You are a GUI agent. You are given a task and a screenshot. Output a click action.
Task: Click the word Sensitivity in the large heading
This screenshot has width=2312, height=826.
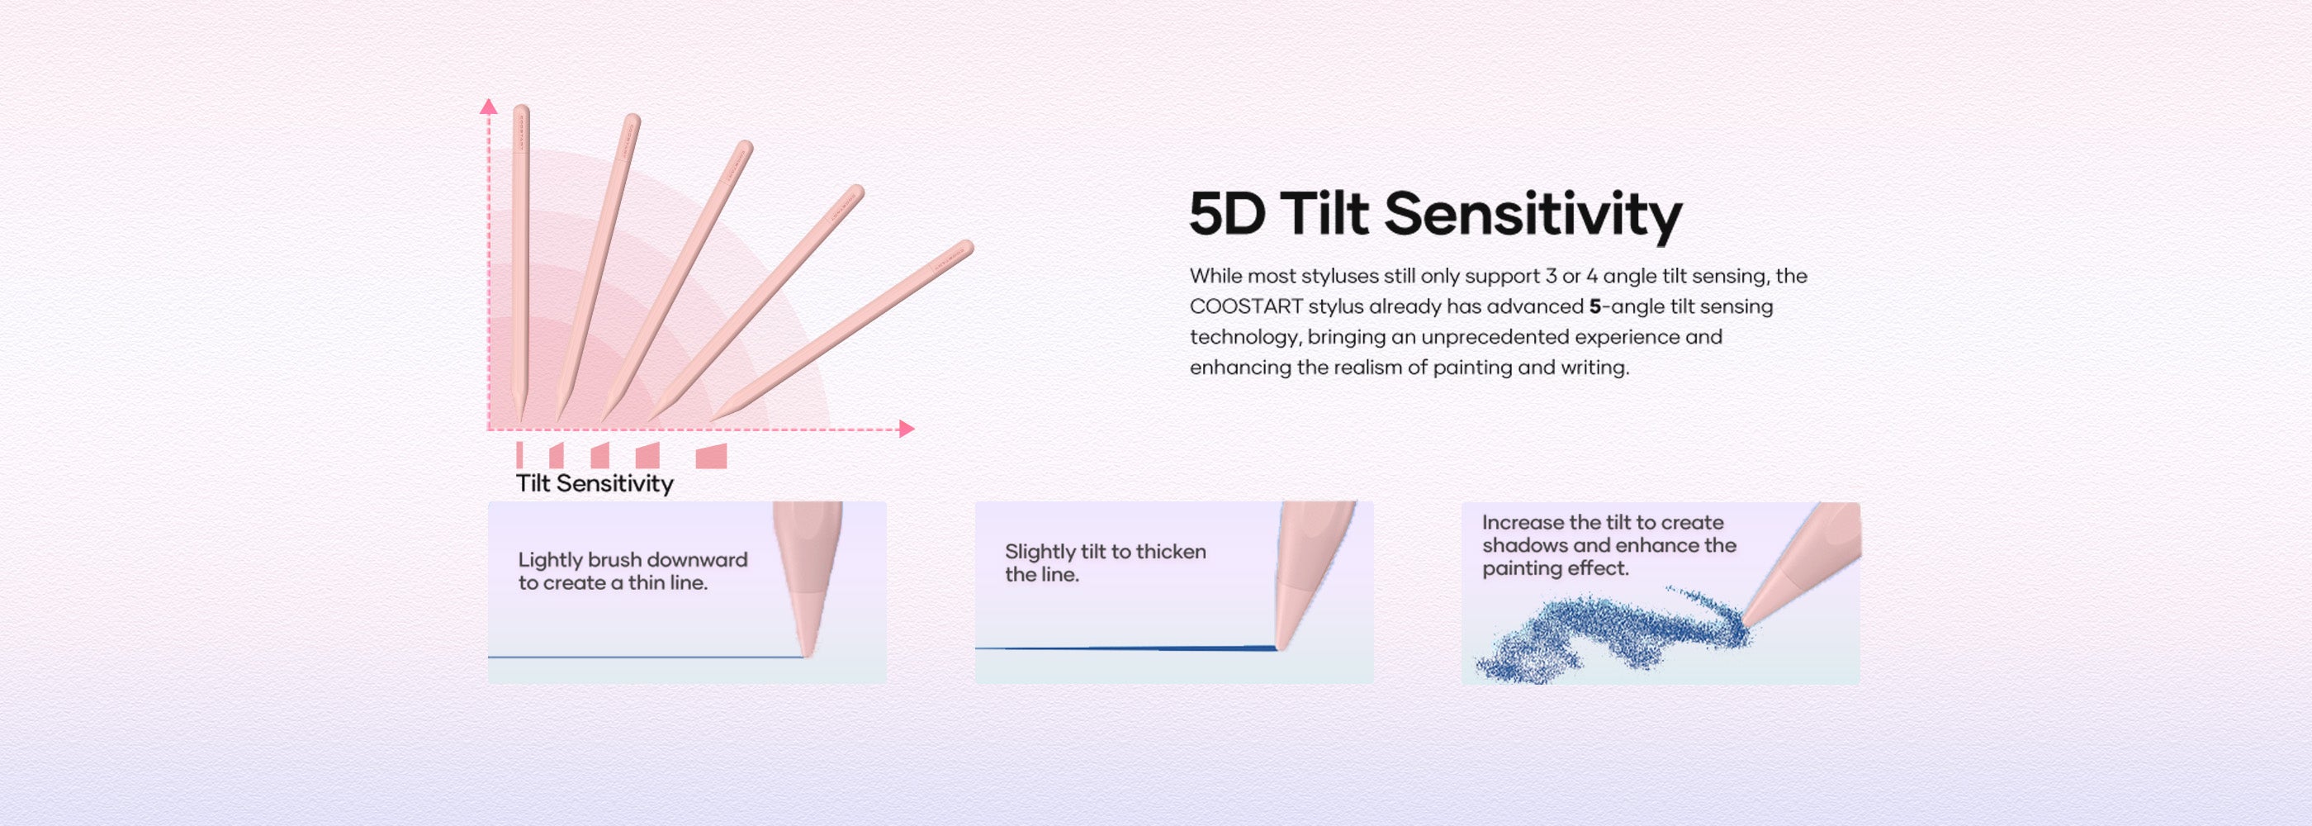click(x=1533, y=216)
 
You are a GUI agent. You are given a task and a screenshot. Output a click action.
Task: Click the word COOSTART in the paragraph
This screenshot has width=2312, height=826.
click(x=1246, y=306)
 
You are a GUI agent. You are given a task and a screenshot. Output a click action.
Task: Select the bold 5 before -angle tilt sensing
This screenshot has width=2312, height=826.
click(x=1595, y=306)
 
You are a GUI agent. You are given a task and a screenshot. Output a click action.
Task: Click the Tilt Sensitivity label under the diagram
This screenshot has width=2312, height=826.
click(x=595, y=483)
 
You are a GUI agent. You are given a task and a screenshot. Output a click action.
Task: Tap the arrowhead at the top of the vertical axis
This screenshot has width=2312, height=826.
click(x=488, y=107)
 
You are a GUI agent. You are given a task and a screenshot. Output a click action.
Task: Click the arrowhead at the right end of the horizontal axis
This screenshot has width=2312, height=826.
click(x=907, y=430)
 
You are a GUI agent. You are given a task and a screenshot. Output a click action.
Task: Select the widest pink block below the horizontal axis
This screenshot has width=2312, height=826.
click(x=711, y=455)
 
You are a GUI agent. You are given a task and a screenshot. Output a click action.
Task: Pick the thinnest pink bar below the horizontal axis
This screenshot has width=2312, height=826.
click(x=519, y=454)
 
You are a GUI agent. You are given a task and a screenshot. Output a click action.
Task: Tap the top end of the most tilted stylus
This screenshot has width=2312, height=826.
click(x=968, y=245)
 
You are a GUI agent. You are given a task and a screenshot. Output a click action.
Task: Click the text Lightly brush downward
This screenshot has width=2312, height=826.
click(x=632, y=559)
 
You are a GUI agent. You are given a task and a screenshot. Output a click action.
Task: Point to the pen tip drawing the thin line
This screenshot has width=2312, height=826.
click(x=808, y=653)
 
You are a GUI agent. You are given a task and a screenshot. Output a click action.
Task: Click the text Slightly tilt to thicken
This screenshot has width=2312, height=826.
click(x=1105, y=551)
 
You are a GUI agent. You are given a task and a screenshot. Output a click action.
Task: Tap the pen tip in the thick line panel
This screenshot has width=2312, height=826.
click(x=1279, y=643)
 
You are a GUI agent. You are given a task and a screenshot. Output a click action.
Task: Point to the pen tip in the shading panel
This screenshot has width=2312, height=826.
click(x=1746, y=620)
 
